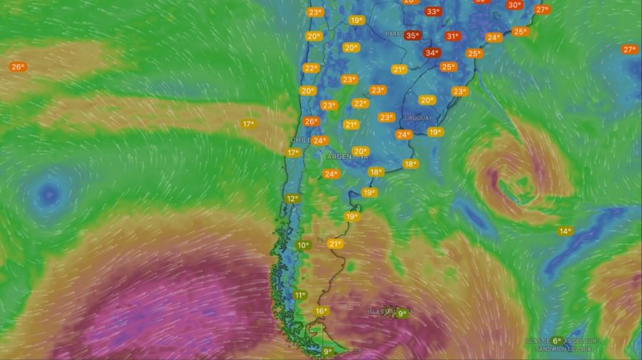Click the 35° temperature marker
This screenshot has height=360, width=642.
412,35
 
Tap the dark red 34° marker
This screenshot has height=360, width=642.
432,53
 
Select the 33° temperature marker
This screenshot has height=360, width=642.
432,11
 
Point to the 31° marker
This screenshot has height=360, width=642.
452,36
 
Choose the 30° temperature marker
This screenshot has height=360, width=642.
514,5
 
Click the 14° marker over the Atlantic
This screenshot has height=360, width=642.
565,231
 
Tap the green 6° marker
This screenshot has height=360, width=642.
557,341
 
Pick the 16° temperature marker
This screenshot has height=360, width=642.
322,311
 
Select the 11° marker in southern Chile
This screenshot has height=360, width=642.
300,295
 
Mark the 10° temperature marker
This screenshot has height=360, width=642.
303,245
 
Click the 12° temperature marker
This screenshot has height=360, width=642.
292,199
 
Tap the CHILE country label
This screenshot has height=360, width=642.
300,140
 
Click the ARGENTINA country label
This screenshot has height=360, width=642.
347,156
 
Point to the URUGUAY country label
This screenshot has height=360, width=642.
418,118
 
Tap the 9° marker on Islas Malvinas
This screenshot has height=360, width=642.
402,313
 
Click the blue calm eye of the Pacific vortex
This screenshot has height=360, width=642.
49,192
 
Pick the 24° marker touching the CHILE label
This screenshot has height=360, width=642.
320,140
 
